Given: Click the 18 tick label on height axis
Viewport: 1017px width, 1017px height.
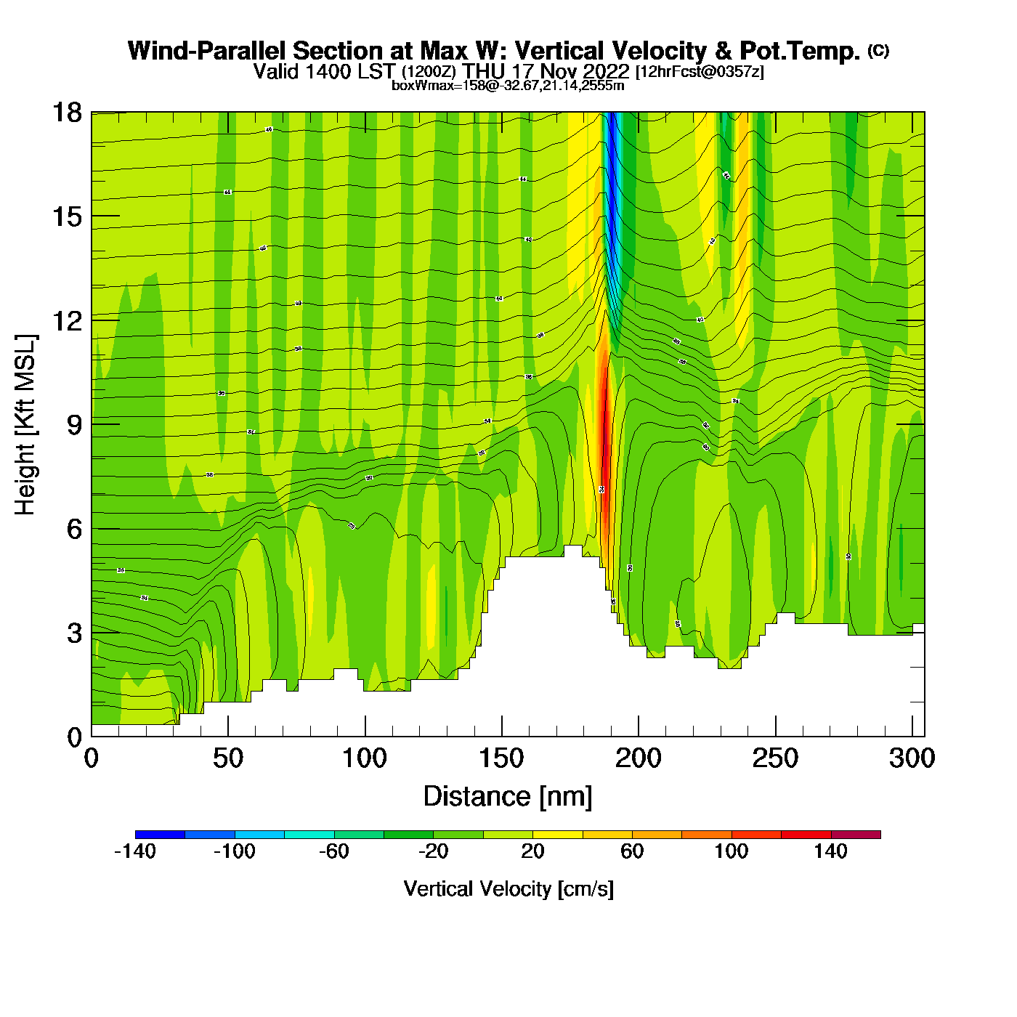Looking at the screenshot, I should click(x=66, y=113).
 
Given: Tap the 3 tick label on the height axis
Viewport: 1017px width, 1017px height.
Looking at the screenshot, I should click(x=74, y=633).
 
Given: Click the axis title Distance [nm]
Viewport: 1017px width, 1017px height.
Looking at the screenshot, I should click(x=508, y=797).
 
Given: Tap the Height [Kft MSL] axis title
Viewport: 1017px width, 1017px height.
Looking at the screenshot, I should click(x=25, y=425).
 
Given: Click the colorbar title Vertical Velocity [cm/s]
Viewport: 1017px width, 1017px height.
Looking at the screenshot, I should click(x=508, y=888).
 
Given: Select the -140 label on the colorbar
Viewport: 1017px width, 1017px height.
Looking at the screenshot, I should click(x=135, y=851).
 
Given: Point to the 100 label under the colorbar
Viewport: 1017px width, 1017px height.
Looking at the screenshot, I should click(x=732, y=851).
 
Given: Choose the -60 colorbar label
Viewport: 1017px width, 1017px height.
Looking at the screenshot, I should click(x=334, y=851).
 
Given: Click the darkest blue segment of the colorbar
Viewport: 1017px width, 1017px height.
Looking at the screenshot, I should click(x=160, y=835).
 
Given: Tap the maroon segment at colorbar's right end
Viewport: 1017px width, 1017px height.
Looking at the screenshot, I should click(x=856, y=835).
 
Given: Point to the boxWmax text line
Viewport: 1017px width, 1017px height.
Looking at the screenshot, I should click(x=508, y=86).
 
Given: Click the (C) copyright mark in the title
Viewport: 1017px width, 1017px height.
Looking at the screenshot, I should click(x=878, y=50).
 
